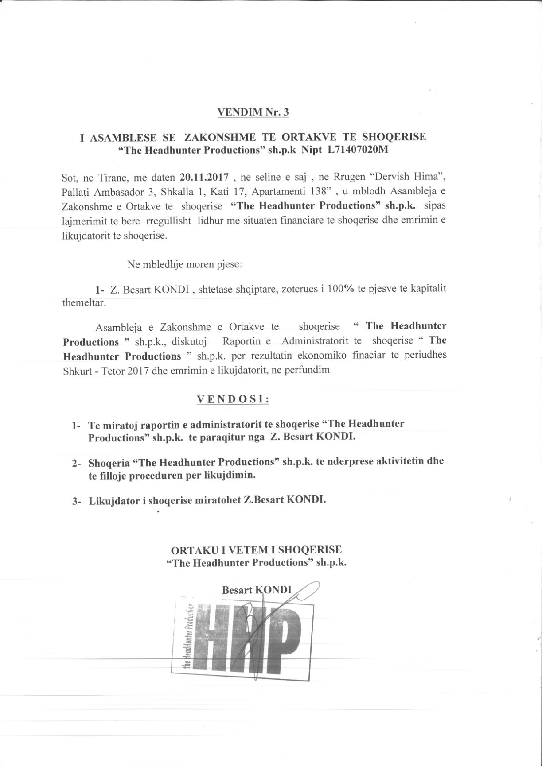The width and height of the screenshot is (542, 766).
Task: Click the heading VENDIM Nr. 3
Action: (253, 112)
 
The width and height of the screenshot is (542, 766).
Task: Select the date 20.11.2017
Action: (204, 178)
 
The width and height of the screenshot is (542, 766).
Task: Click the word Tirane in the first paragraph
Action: (111, 178)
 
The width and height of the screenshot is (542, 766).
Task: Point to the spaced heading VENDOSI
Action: (233, 399)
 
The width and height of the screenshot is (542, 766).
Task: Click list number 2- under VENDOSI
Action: (76, 463)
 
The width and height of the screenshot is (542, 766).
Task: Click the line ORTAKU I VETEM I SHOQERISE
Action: (256, 549)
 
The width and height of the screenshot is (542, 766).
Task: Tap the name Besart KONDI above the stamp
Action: (256, 590)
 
